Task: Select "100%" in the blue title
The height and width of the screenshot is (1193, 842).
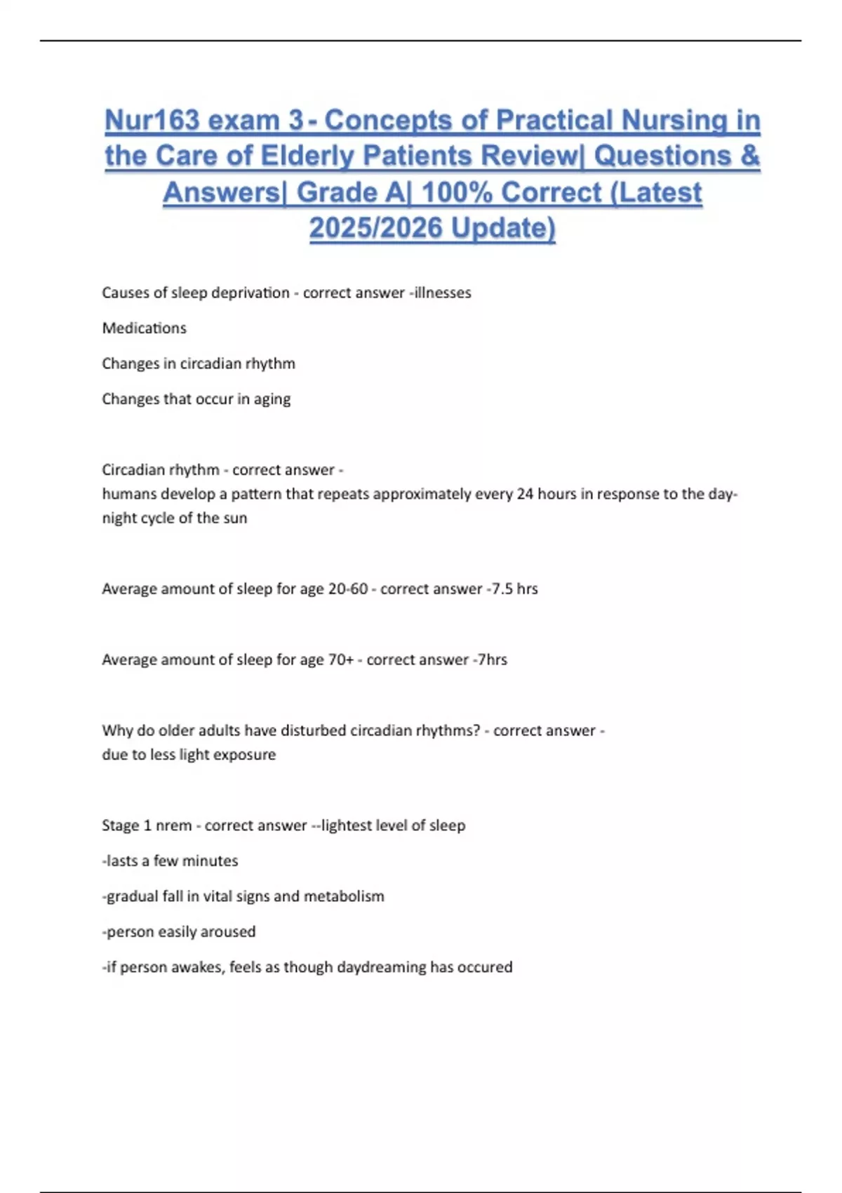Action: (457, 192)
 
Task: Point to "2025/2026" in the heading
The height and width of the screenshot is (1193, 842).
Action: (376, 228)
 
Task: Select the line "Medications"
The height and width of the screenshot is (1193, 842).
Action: (145, 328)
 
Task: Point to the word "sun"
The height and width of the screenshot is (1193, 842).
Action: (235, 519)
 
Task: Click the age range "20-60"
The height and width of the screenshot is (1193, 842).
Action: (348, 589)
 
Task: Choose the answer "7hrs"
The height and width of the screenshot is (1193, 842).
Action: (492, 660)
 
